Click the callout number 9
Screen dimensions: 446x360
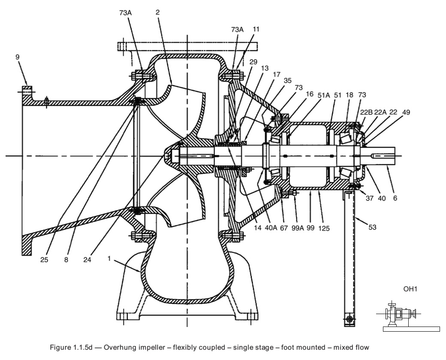(x=18, y=57)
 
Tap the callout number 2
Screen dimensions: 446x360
(x=157, y=12)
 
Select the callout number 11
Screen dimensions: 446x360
(x=256, y=29)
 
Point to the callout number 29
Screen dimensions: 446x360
(x=253, y=62)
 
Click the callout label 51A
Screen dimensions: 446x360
(x=324, y=95)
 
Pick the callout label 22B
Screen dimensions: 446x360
(x=366, y=112)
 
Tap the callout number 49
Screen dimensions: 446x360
(x=406, y=112)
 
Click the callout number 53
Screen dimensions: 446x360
(x=372, y=227)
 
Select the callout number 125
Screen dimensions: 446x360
(x=324, y=228)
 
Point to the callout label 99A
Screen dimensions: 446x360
(x=298, y=228)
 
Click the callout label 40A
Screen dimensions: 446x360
(x=271, y=228)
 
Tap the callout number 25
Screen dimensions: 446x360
(x=44, y=260)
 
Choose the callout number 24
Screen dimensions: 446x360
(x=87, y=260)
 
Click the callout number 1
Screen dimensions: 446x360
(x=109, y=258)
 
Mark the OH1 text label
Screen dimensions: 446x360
(x=410, y=289)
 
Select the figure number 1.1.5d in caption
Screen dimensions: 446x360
(x=81, y=348)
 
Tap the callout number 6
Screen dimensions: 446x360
(x=395, y=198)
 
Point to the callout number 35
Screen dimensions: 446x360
(x=288, y=81)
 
